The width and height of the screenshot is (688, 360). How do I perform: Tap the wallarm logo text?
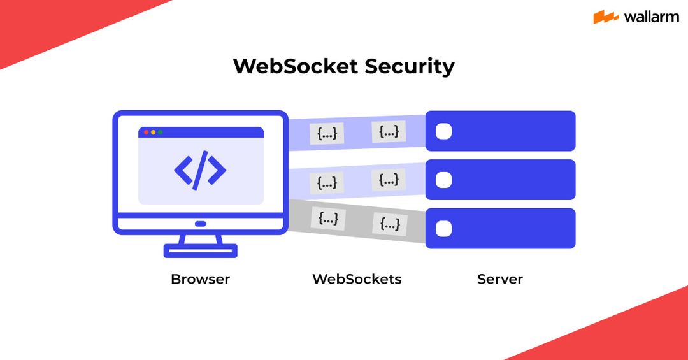pyautogui.click(x=651, y=17)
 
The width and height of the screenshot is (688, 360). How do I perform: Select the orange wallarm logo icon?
pyautogui.click(x=606, y=17)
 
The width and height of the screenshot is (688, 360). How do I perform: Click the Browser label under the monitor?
pyautogui.click(x=200, y=279)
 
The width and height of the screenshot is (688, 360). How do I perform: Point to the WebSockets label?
pyautogui.click(x=357, y=279)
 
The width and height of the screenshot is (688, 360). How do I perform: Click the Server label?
pyautogui.click(x=500, y=279)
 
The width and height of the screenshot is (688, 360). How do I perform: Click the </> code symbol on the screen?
pyautogui.click(x=200, y=169)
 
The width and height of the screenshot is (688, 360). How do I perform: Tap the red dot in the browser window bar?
pyautogui.click(x=146, y=133)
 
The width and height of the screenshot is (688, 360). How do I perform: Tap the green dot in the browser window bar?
pyautogui.click(x=160, y=133)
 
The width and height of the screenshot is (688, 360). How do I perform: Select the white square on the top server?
pyautogui.click(x=443, y=131)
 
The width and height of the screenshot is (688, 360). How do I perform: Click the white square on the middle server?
pyautogui.click(x=443, y=180)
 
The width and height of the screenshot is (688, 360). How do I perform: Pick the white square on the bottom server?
pyautogui.click(x=443, y=229)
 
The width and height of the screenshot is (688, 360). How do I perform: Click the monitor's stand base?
pyautogui.click(x=200, y=250)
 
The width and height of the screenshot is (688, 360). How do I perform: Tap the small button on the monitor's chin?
pyautogui.click(x=200, y=224)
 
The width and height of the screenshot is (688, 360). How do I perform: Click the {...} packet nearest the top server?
pyautogui.click(x=389, y=131)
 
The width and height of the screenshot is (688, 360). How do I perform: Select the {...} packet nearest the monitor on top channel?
pyautogui.click(x=327, y=134)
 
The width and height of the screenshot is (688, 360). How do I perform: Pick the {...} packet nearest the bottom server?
pyautogui.click(x=390, y=224)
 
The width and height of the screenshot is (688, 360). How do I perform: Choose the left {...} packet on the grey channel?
pyautogui.click(x=328, y=219)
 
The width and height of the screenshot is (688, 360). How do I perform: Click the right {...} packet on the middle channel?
pyautogui.click(x=389, y=180)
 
